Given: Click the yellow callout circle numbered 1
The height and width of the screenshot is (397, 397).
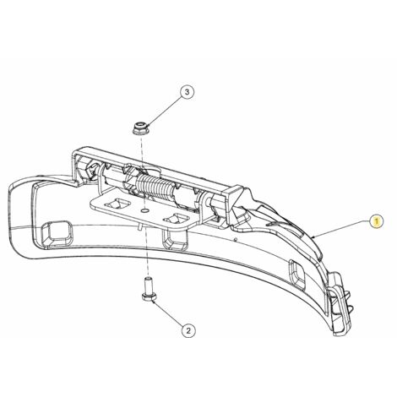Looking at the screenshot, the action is (x=377, y=220).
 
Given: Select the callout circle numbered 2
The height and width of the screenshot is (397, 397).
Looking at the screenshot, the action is (x=188, y=330).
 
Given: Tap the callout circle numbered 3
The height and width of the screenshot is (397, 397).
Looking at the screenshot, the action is (x=188, y=91).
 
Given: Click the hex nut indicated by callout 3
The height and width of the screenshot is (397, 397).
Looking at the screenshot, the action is (x=139, y=128).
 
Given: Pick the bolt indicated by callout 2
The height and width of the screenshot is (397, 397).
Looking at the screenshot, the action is (x=148, y=290).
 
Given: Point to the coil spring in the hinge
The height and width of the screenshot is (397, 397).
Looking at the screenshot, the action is (x=155, y=188).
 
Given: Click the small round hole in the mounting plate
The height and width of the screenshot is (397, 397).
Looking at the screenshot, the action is (x=145, y=210).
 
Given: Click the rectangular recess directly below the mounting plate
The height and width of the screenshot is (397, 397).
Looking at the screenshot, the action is (x=175, y=239).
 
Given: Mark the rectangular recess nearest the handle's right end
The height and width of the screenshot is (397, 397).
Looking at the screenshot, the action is (x=298, y=273).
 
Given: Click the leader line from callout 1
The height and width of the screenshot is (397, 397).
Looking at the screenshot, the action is (x=341, y=229).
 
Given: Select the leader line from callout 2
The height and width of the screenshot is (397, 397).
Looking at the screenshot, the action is (x=168, y=313).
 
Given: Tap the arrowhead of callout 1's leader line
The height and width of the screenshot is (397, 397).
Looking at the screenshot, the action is (x=315, y=237).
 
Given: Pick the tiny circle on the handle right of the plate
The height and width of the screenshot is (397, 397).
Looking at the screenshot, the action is (x=236, y=239).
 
